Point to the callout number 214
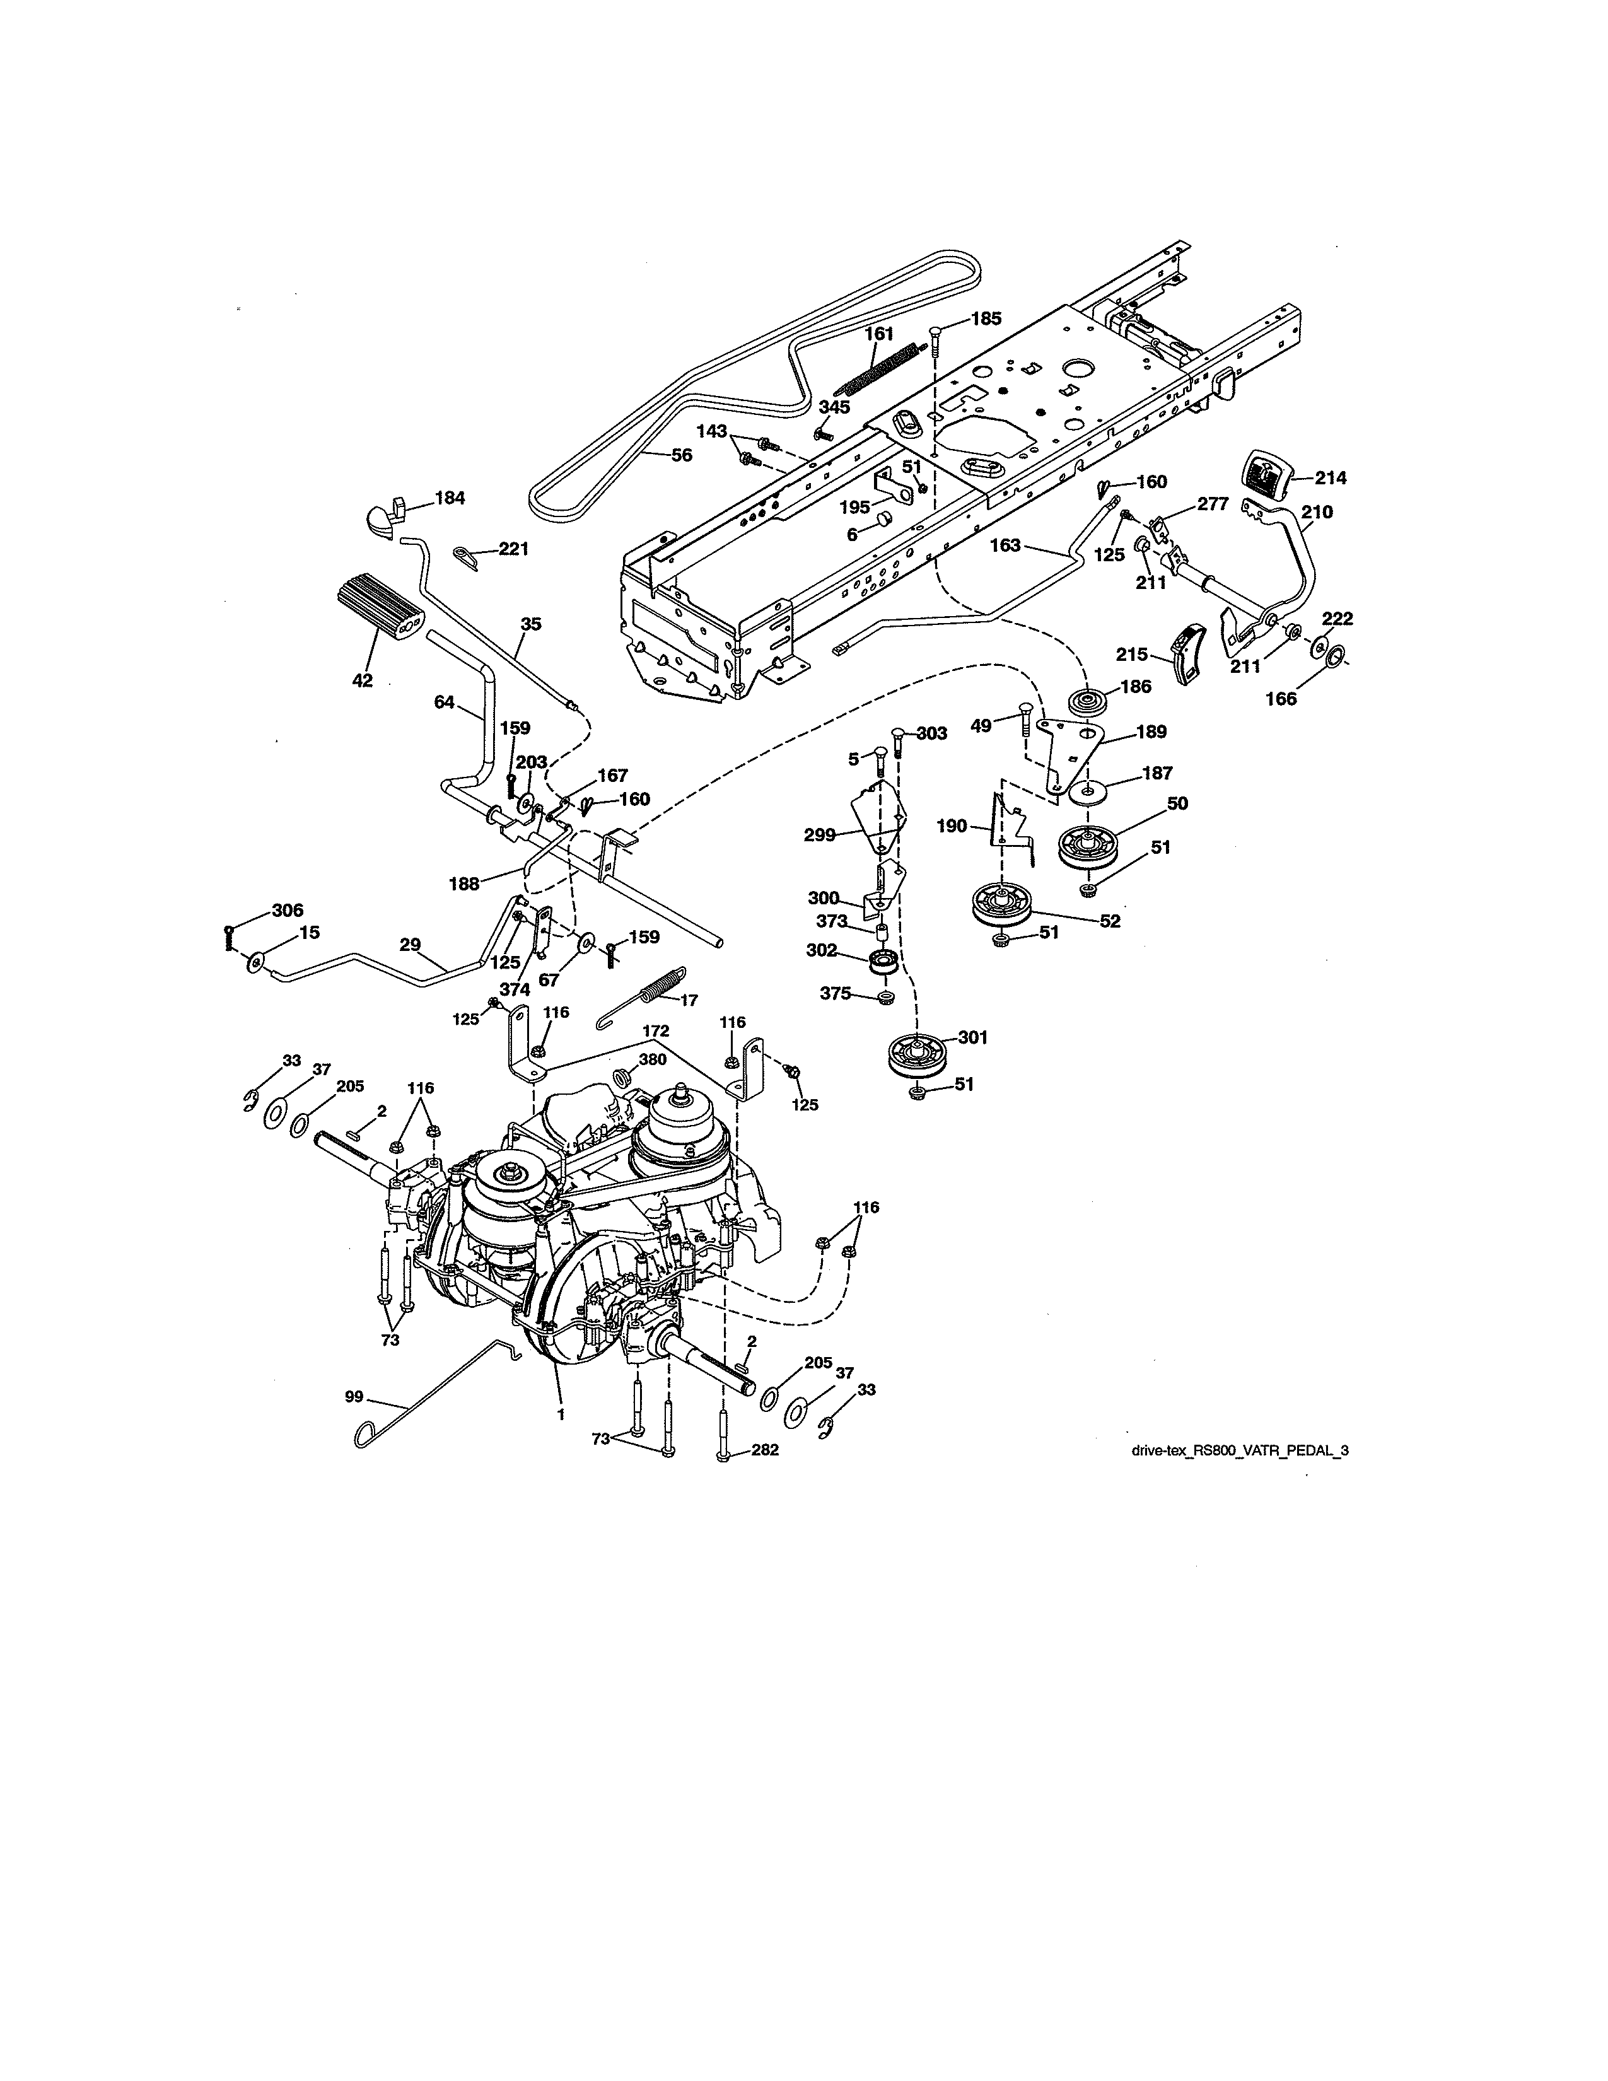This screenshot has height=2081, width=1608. pyautogui.click(x=1331, y=479)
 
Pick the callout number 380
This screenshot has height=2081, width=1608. pyautogui.click(x=653, y=1059)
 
